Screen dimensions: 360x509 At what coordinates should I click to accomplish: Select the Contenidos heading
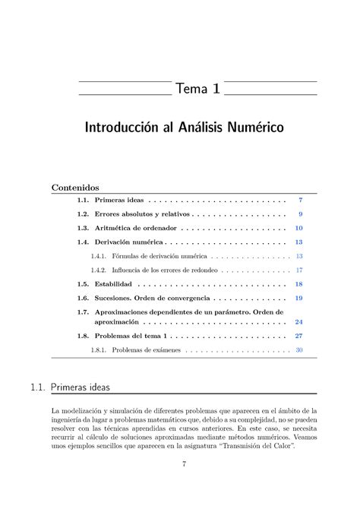75,187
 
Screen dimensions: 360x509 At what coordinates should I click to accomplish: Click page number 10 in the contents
298,228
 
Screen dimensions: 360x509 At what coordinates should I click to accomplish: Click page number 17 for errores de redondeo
299,270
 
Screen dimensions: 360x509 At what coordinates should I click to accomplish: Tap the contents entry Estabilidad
119,284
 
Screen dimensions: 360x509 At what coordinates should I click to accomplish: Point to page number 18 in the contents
298,284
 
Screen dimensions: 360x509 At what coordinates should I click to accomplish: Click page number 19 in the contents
298,298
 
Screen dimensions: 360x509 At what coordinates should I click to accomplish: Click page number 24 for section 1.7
298,322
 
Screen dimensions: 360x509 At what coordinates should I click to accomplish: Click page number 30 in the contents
299,350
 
